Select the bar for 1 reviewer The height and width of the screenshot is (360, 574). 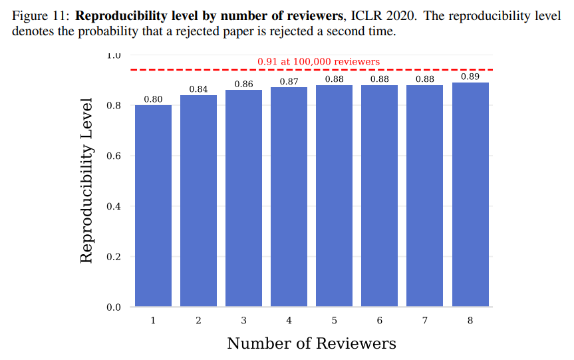coord(153,206)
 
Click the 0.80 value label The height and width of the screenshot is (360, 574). coord(153,100)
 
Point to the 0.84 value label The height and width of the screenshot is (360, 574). coord(198,89)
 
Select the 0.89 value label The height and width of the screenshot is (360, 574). coord(470,77)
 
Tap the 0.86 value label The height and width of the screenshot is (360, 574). coord(243,85)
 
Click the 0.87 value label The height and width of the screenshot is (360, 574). coord(289,82)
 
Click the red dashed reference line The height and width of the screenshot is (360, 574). coord(200,70)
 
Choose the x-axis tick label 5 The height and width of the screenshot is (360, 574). coord(334,321)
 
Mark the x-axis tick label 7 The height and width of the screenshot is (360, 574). coord(425,321)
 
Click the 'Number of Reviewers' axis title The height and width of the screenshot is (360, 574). coord(311,343)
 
